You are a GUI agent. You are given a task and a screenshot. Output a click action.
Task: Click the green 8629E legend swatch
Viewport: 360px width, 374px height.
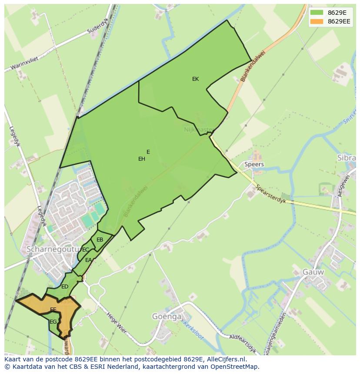(316, 12)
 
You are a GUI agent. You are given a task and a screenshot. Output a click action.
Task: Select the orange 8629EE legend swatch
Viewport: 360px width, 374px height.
(316, 21)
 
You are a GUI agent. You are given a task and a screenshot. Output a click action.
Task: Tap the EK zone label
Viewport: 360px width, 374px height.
(195, 79)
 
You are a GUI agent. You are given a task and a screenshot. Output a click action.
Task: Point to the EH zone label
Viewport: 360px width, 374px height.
(142, 159)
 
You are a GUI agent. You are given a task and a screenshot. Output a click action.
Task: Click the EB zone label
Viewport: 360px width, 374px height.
(100, 240)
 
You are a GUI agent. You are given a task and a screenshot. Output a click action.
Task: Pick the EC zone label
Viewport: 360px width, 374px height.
(86, 250)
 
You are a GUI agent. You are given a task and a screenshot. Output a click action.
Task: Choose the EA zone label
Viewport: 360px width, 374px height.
(88, 260)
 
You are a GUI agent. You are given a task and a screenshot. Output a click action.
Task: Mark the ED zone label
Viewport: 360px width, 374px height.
(65, 287)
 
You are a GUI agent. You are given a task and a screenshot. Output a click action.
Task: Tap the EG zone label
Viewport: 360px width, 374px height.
(53, 322)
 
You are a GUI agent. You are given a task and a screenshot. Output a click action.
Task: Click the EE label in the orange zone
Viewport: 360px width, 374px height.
(53, 310)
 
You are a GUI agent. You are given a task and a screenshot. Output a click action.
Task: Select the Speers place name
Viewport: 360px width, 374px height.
(254, 165)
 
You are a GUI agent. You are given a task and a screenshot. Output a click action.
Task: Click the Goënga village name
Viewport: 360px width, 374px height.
(167, 317)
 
